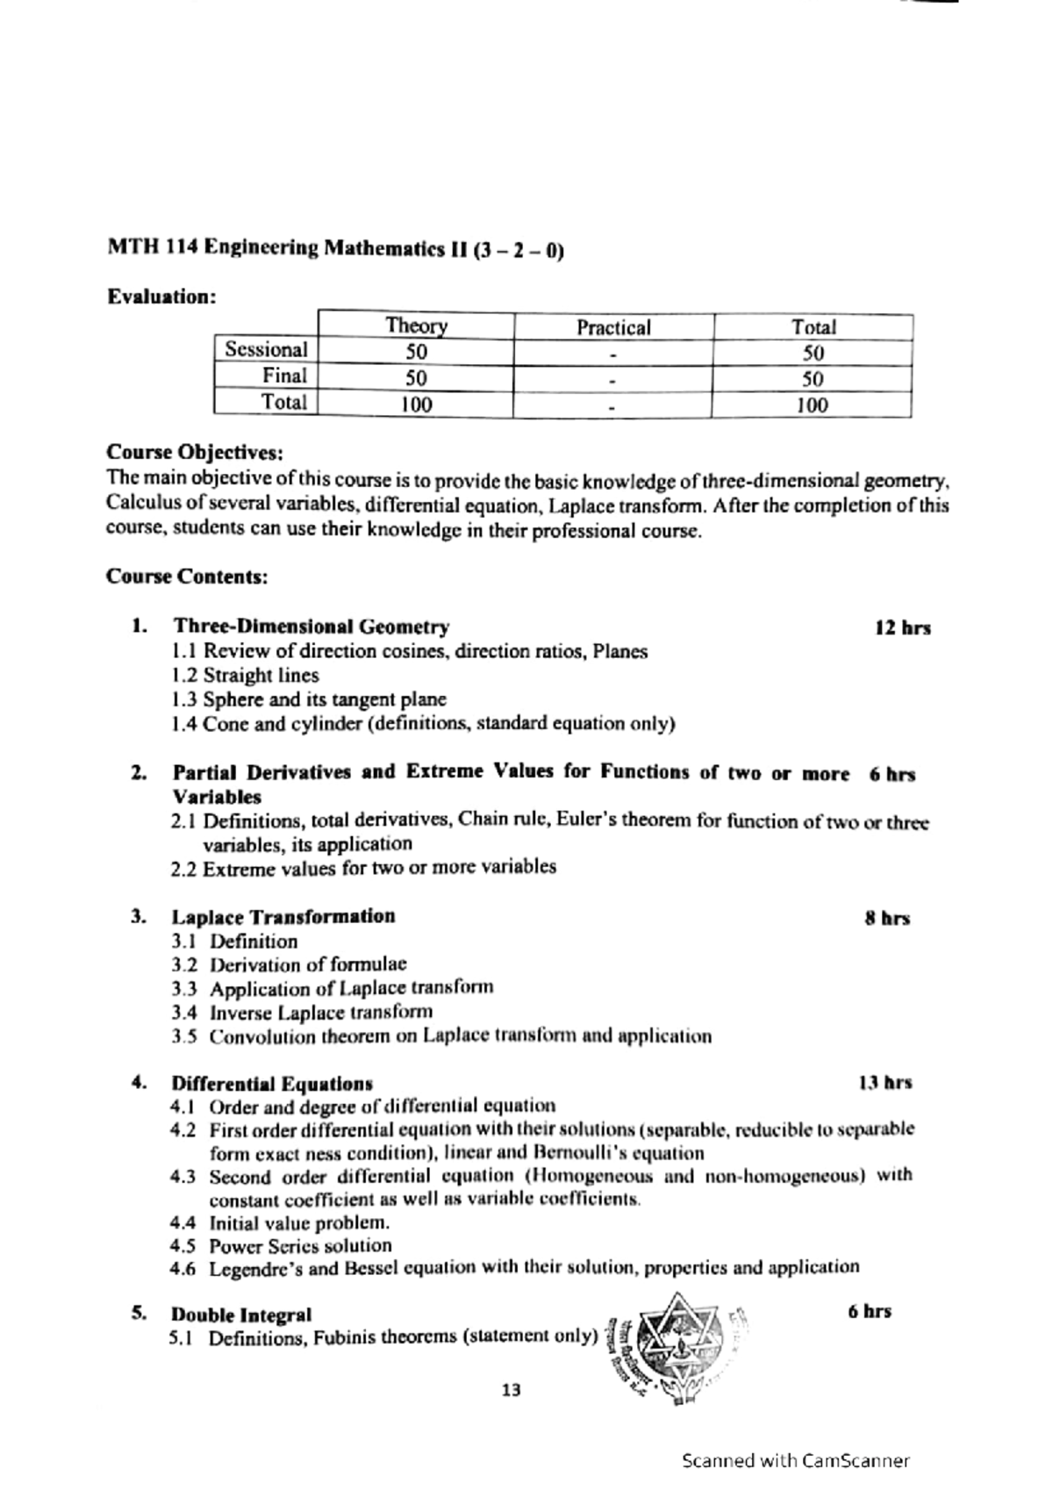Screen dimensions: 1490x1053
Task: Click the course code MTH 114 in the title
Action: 153,248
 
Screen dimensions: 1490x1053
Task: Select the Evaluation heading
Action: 161,297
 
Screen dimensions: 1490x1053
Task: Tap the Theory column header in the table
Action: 416,326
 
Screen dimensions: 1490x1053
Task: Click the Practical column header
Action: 613,328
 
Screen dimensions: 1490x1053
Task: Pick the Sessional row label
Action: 266,349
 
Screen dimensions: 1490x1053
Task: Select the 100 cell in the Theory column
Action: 416,405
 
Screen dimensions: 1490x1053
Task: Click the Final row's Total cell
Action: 813,379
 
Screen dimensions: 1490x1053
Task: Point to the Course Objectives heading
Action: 195,453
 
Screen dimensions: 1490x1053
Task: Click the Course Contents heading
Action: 187,577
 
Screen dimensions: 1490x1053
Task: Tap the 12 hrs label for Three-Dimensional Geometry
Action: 902,628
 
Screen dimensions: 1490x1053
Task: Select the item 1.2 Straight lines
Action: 246,676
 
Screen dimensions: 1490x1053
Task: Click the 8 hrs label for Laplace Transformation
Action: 887,919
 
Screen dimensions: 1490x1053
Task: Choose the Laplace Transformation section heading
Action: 283,917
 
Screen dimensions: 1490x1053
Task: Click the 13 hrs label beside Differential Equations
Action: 885,1083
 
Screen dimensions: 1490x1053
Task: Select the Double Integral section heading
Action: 240,1314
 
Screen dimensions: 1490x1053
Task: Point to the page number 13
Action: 511,1390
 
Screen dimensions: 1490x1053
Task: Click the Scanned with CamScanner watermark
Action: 796,1461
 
